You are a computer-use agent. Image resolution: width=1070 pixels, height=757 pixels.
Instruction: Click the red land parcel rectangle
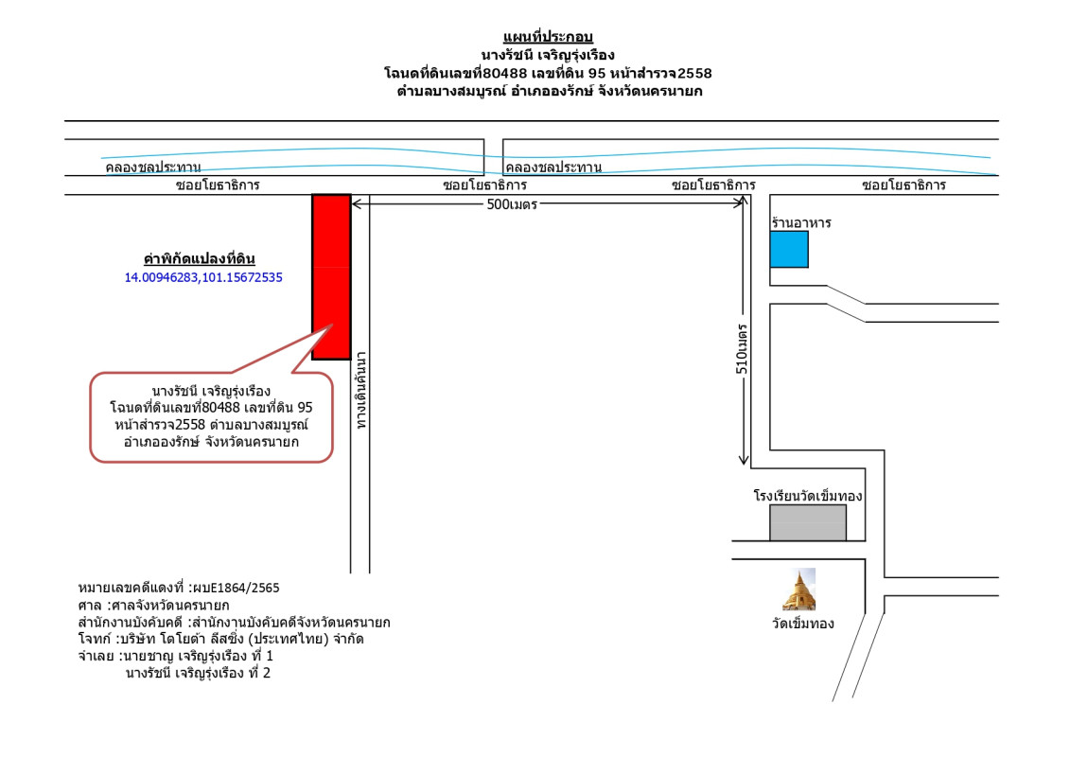coord(332,276)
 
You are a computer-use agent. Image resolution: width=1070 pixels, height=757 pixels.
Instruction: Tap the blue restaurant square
coord(789,249)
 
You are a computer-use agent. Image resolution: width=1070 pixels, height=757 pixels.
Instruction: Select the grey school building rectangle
coord(808,523)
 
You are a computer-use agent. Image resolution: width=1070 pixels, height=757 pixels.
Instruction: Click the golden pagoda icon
coord(799,590)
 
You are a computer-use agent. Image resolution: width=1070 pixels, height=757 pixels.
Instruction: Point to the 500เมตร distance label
coord(512,204)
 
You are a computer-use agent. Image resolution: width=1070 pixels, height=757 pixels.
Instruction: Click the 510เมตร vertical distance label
coord(742,349)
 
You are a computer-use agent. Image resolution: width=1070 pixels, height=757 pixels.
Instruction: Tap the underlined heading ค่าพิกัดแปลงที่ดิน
coord(200,258)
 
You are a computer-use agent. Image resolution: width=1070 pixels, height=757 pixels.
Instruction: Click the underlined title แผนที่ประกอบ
coord(547,37)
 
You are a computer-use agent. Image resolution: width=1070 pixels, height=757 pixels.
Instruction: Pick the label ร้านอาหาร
coord(801,222)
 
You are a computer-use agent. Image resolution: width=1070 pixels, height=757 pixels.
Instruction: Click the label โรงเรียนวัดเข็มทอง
coord(808,496)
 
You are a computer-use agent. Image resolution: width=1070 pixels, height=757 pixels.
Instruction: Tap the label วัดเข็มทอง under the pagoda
coord(802,624)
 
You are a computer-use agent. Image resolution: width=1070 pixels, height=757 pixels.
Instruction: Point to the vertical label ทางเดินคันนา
coord(361,391)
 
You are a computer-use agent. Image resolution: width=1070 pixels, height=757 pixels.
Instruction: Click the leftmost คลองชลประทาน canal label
coord(153,167)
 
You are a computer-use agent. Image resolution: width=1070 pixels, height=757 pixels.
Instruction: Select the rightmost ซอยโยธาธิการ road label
coord(903,185)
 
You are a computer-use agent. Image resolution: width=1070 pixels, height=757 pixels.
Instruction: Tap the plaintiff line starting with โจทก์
coord(221,639)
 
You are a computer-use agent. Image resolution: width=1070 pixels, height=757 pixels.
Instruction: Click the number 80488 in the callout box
coord(221,408)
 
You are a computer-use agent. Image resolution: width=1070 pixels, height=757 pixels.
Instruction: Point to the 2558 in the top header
coord(694,73)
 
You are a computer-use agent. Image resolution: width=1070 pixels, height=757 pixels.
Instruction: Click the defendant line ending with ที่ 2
coord(198,673)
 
